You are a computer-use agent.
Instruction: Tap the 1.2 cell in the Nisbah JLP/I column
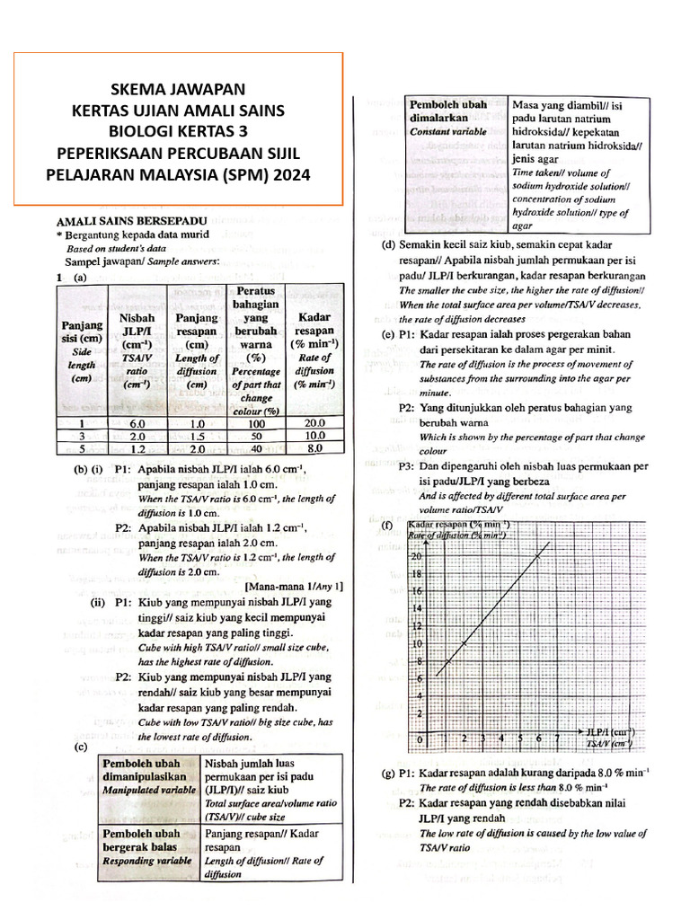click(137, 448)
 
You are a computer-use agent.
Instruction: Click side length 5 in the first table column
click(81, 448)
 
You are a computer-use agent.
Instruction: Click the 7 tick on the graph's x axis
click(557, 739)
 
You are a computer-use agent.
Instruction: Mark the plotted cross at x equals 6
click(538, 556)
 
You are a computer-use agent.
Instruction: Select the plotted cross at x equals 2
click(464, 644)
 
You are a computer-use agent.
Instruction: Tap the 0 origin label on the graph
click(419, 739)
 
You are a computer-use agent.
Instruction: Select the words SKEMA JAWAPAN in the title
click(177, 89)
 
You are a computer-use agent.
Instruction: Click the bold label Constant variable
click(448, 131)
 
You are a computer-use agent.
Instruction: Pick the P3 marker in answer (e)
click(407, 467)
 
